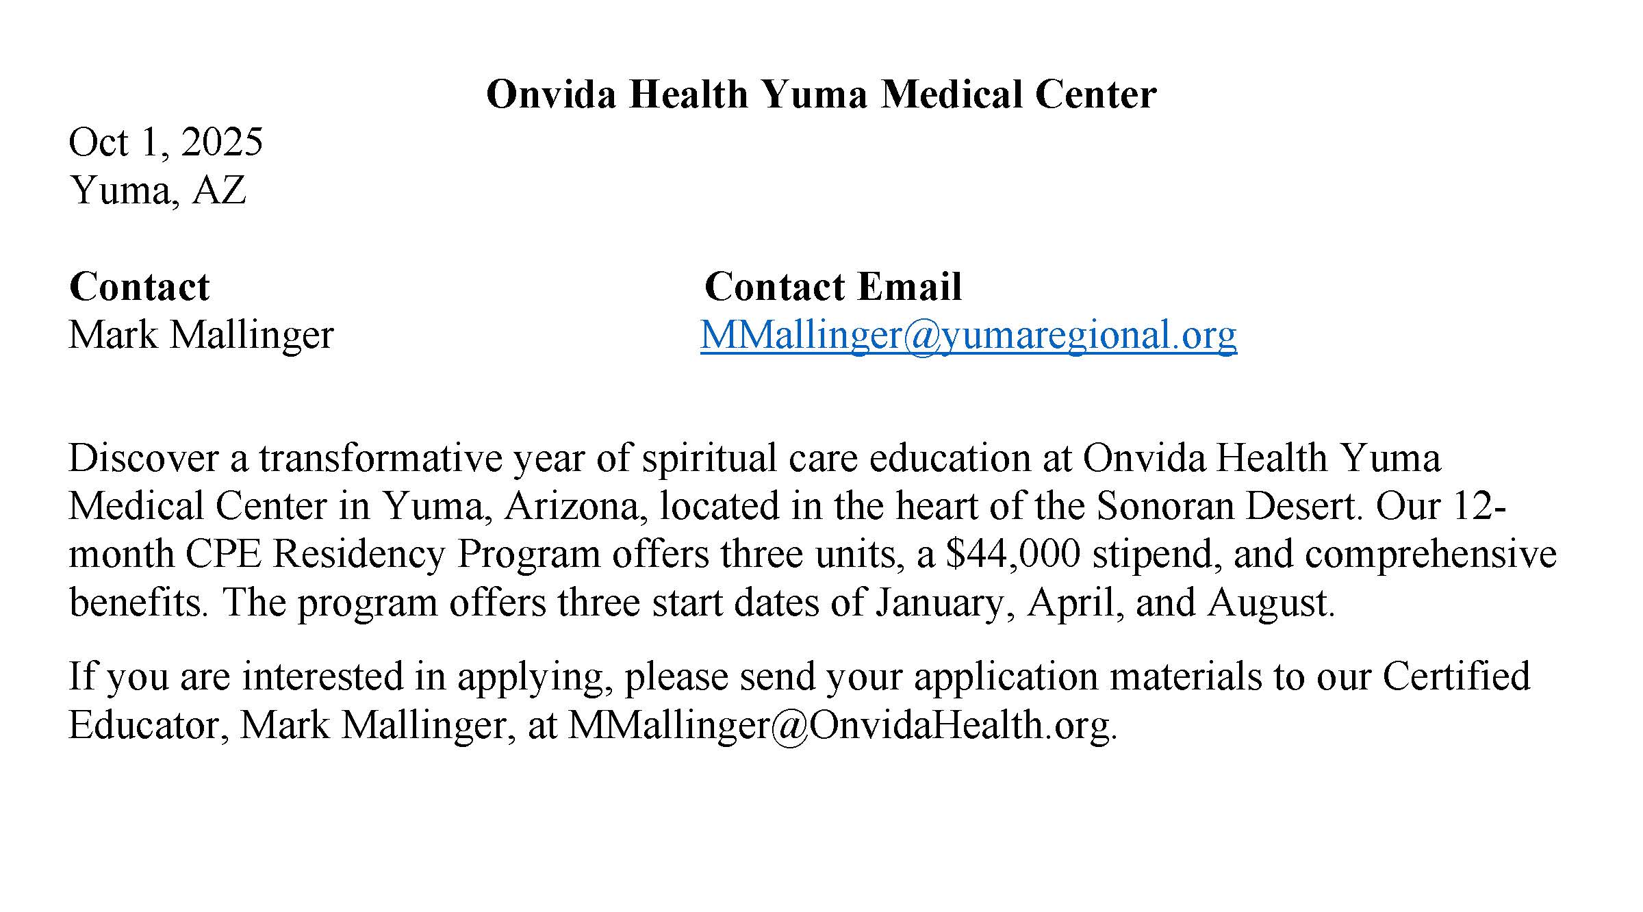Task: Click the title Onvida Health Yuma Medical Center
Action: click(821, 94)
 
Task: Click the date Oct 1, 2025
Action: click(166, 142)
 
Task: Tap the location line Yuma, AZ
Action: click(157, 190)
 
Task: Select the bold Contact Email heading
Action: click(832, 286)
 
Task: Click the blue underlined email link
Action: click(968, 335)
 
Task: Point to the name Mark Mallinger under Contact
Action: click(201, 335)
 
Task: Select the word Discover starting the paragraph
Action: click(143, 458)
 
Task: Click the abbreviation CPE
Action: click(223, 554)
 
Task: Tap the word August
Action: click(1270, 603)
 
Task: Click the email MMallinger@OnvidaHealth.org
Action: click(841, 724)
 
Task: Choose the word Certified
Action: click(1456, 676)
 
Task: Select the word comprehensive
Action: click(1431, 554)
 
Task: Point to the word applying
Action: click(531, 676)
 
